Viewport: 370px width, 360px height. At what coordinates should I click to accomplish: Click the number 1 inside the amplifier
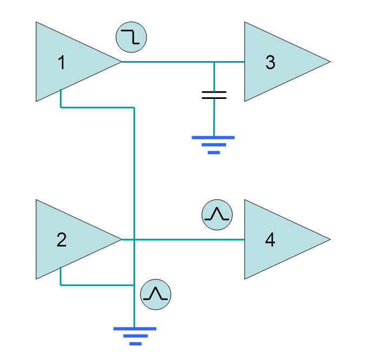point(62,63)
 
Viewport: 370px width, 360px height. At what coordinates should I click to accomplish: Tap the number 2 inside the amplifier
point(62,240)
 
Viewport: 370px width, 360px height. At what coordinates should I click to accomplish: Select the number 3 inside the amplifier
point(270,62)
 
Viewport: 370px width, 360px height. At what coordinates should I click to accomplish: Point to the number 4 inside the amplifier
point(270,240)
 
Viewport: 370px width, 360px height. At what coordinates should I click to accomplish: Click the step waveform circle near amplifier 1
point(131,37)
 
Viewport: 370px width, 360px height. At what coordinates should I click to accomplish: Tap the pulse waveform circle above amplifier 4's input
point(217,215)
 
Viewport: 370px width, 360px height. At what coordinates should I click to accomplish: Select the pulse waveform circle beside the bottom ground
point(156,295)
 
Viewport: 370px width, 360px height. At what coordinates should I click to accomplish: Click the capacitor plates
point(214,95)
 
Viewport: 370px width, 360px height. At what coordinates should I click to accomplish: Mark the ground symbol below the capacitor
point(213,145)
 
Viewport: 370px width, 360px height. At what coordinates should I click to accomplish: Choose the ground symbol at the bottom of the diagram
point(135,336)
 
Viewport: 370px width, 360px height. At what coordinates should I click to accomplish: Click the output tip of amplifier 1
point(122,62)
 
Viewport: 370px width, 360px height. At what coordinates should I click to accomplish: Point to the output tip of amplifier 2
point(122,239)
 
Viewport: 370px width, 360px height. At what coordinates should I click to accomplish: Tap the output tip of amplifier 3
point(331,62)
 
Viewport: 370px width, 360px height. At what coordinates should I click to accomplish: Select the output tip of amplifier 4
point(331,239)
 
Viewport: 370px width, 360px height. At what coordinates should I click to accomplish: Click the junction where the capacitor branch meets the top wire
point(214,62)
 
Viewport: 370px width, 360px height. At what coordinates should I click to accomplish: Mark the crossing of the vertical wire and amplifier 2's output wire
point(134,239)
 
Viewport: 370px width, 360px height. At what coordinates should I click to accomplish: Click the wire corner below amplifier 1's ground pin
point(61,108)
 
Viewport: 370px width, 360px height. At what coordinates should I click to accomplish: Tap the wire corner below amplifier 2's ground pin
point(61,285)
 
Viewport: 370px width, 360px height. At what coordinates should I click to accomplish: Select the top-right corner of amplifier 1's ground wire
point(134,108)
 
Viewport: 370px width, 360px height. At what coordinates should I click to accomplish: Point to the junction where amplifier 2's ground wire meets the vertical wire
point(134,285)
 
